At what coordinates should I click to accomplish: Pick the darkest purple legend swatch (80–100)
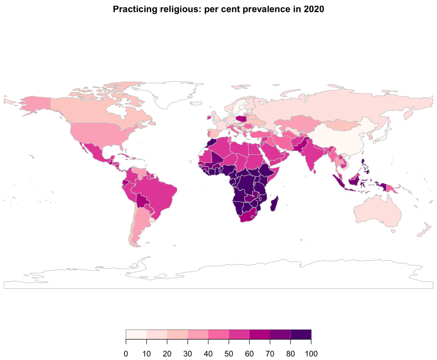(301, 335)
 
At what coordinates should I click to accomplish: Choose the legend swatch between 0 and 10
(136, 335)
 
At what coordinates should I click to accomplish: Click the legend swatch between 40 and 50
(219, 335)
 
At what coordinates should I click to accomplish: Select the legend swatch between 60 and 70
(260, 335)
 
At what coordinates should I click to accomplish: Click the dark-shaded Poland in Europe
(242, 118)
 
